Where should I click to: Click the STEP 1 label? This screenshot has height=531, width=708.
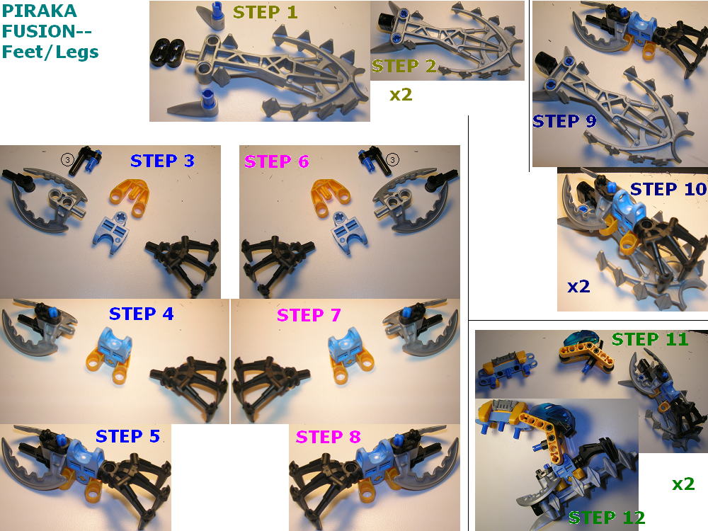pyautogui.click(x=265, y=12)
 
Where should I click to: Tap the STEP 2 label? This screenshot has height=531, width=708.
pyautogui.click(x=404, y=67)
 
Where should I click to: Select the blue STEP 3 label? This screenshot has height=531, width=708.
pyautogui.click(x=162, y=161)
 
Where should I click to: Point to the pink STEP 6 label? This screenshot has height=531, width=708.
pyautogui.click(x=276, y=161)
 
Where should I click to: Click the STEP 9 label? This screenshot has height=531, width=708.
pyautogui.click(x=564, y=121)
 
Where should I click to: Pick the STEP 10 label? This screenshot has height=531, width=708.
pyautogui.click(x=668, y=189)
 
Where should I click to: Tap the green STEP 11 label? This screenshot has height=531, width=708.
pyautogui.click(x=650, y=339)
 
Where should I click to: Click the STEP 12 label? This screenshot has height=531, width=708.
pyautogui.click(x=607, y=518)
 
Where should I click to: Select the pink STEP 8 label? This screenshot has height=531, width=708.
pyautogui.click(x=328, y=437)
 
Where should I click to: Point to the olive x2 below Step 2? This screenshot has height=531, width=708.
pyautogui.click(x=401, y=95)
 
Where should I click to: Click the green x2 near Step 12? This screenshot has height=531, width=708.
pyautogui.click(x=683, y=484)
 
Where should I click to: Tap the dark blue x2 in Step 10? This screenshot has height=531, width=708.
pyautogui.click(x=578, y=287)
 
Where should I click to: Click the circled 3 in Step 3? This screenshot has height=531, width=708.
pyautogui.click(x=67, y=159)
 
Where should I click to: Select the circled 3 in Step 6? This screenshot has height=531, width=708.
pyautogui.click(x=393, y=159)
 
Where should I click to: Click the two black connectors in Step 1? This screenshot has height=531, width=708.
pyautogui.click(x=167, y=52)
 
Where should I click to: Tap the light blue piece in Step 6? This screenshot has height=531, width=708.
pyautogui.click(x=346, y=232)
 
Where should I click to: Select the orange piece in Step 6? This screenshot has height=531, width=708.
pyautogui.click(x=331, y=198)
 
